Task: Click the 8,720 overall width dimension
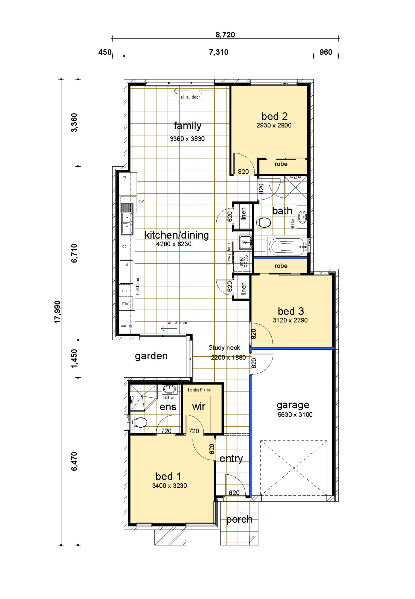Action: tap(225, 35)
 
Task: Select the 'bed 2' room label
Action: tap(274, 116)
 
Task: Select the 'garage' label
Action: tap(293, 405)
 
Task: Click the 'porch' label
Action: tap(239, 520)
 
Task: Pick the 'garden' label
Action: tap(151, 356)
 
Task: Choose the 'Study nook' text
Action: tap(224, 348)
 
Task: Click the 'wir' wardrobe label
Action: tap(199, 407)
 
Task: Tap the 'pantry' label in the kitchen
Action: tap(126, 326)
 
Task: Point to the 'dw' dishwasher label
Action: tap(141, 201)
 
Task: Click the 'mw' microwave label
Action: tap(125, 303)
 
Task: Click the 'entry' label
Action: tap(231, 458)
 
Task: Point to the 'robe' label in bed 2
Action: tap(281, 164)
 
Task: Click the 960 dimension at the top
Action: tap(326, 52)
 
